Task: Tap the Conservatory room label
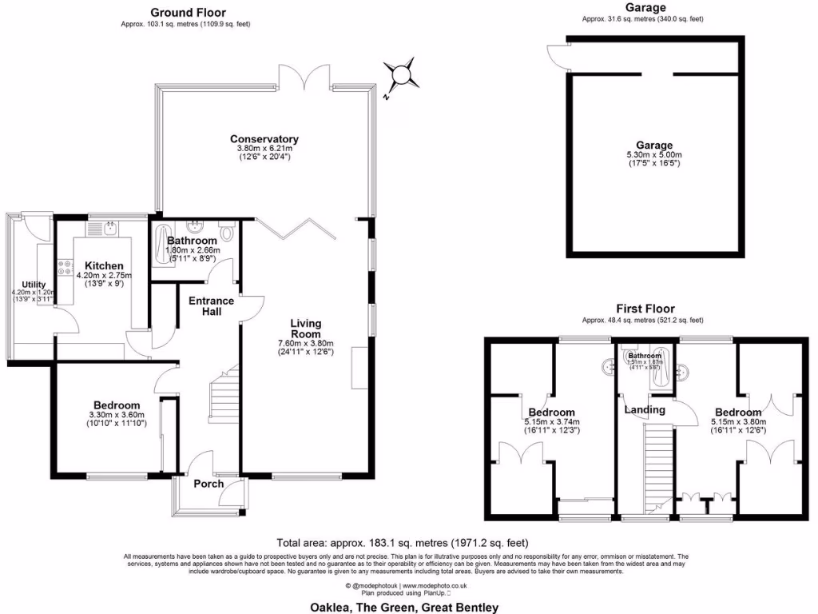coord(264,138)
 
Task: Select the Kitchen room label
coord(105,265)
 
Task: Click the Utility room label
coord(34,285)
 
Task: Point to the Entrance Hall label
coord(211,306)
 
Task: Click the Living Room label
coord(305,329)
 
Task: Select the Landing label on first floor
coord(645,410)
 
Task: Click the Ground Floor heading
coord(188,13)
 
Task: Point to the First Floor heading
coord(645,309)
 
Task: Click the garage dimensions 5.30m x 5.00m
coord(655,155)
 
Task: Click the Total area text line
coord(402,541)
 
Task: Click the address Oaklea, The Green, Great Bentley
coord(403,607)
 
